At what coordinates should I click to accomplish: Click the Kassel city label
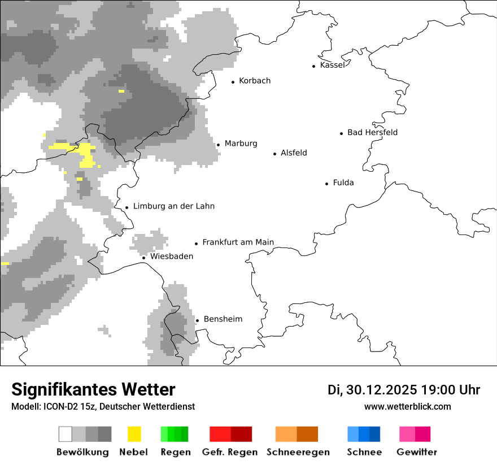point(332,65)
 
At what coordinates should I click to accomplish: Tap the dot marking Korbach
point(233,82)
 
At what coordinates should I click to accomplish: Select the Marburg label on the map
point(241,144)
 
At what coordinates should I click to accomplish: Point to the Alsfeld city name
point(294,153)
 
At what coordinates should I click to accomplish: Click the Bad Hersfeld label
point(372,132)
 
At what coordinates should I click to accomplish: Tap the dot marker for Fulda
point(326,184)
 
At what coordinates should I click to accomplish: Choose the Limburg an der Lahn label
point(173,206)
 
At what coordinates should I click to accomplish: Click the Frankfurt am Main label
point(238,242)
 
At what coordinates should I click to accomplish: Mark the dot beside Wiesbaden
point(143,258)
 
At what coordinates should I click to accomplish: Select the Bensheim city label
point(223,319)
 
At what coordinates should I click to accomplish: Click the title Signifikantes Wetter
point(93,389)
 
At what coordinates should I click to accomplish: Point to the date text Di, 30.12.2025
point(372,390)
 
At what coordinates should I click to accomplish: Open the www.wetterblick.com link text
point(407,406)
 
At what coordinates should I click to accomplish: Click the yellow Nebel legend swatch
point(134,434)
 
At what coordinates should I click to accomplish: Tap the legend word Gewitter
point(417,452)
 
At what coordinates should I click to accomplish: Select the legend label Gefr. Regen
point(230,452)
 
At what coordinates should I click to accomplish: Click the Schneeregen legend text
point(298,452)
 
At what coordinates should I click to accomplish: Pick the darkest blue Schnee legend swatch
point(375,434)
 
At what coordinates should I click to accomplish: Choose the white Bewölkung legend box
point(66,434)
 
